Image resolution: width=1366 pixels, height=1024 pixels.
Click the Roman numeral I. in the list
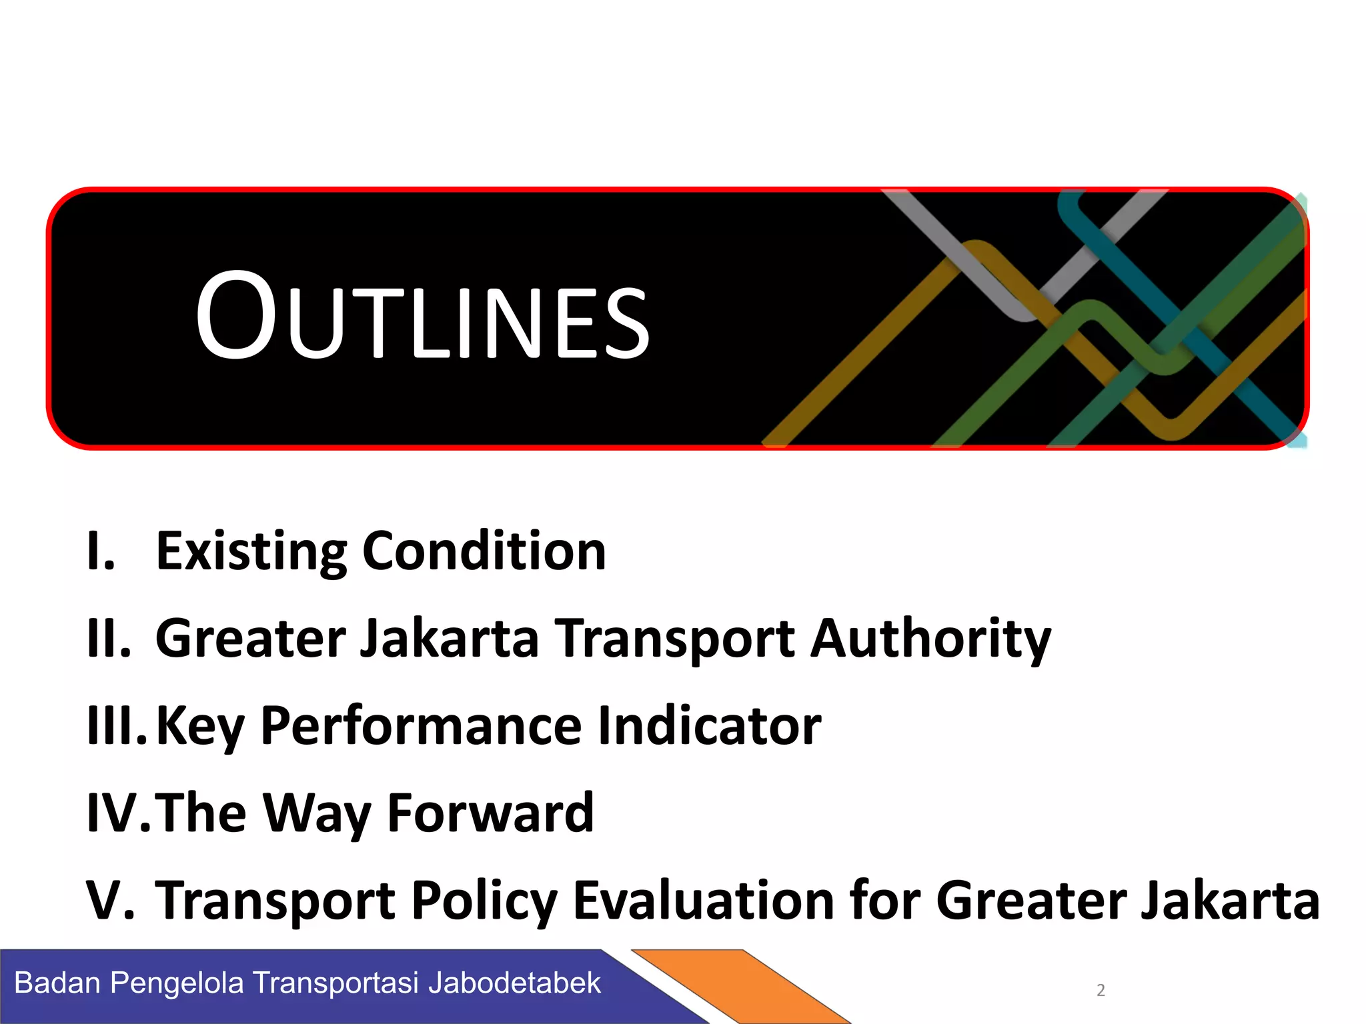(101, 551)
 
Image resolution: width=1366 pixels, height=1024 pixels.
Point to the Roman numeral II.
(109, 639)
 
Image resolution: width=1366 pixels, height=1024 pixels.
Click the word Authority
(930, 639)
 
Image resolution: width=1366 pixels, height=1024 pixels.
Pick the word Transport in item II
(675, 639)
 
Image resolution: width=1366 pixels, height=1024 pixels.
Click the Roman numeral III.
(116, 726)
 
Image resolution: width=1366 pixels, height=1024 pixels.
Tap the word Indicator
(709, 726)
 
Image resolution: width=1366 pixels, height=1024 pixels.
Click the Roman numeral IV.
(119, 813)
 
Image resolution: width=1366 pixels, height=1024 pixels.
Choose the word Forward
(490, 813)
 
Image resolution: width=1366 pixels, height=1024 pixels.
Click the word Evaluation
(704, 901)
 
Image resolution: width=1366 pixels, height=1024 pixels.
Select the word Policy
(484, 901)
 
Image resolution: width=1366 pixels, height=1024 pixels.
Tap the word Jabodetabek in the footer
(514, 983)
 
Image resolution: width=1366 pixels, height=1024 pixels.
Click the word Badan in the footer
(57, 983)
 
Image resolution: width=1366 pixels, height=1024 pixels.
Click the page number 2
(1101, 991)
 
